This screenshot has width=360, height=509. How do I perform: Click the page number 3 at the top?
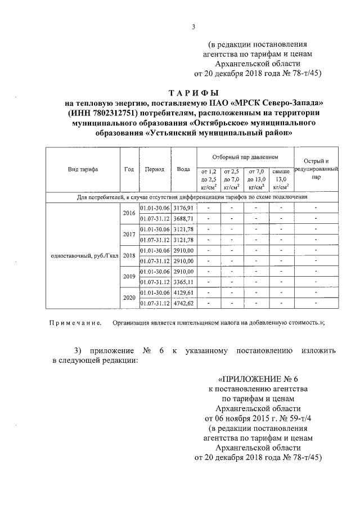pyautogui.click(x=193, y=26)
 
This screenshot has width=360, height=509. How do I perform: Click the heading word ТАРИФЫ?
pyautogui.click(x=194, y=92)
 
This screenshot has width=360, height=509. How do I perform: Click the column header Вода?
pyautogui.click(x=183, y=169)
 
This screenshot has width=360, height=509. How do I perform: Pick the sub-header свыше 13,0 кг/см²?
pyautogui.click(x=280, y=179)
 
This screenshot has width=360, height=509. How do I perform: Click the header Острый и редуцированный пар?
pyautogui.click(x=316, y=169)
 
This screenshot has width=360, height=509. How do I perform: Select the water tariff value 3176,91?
pyautogui.click(x=183, y=208)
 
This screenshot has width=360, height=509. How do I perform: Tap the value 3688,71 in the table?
pyautogui.click(x=183, y=218)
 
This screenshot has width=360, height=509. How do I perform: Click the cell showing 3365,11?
pyautogui.click(x=183, y=282)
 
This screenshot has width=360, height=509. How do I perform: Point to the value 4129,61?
pyautogui.click(x=183, y=293)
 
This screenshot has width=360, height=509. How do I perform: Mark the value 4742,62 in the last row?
pyautogui.click(x=183, y=304)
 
